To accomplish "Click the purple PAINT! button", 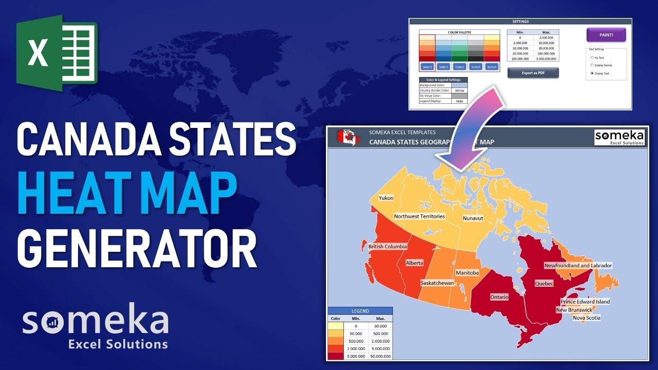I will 606,34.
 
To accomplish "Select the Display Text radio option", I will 592,73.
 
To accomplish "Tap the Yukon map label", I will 386,198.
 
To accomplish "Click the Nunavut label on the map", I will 472,218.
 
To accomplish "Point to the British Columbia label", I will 388,247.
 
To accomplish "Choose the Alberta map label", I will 414,263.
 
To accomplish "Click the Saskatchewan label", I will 437,283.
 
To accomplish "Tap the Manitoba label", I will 467,272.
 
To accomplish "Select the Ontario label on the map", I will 499,297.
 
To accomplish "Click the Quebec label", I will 544,284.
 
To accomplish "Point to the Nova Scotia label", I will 587,318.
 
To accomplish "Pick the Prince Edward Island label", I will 585,302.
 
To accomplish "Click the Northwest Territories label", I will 419,216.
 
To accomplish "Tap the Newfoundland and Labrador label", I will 578,266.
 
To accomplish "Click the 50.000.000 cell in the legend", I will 380,356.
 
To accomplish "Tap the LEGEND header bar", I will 360,311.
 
